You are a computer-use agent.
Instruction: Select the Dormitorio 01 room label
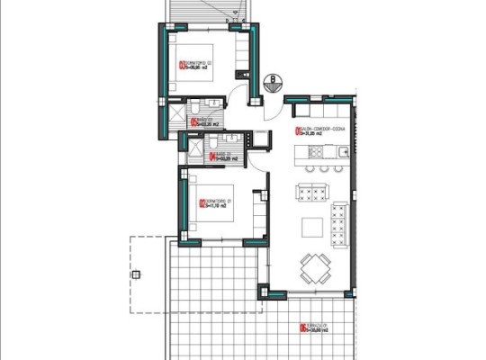tap(212, 203)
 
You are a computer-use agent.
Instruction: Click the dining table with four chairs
tap(314, 266)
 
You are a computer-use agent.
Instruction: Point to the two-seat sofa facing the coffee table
tap(311, 193)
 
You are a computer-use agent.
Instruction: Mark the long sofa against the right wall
tap(339, 223)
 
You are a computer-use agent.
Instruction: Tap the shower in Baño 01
tap(192, 146)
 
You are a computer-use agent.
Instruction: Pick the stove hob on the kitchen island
tap(319, 168)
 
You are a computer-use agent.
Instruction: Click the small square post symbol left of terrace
tap(136, 274)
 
